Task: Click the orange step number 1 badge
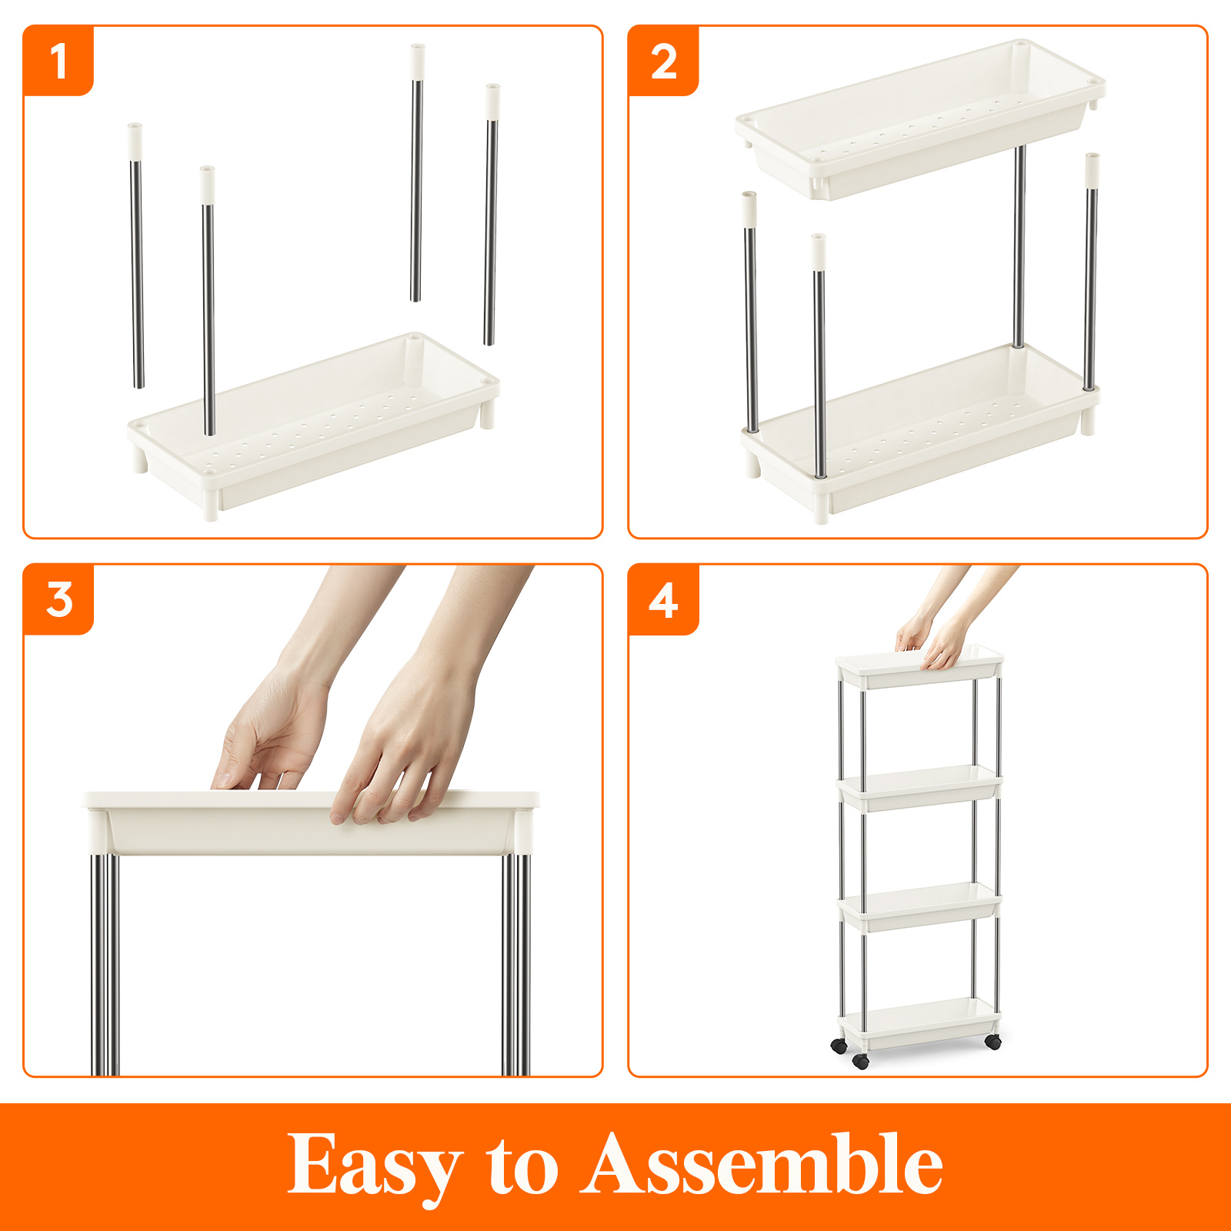tap(58, 61)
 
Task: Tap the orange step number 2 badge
tap(663, 61)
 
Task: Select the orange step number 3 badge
tap(58, 599)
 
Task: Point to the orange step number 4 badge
tap(663, 599)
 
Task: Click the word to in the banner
tap(522, 1166)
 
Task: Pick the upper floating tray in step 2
tap(919, 123)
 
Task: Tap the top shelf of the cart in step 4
tap(919, 668)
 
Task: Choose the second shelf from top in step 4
tap(919, 787)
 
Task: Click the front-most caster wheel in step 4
tap(861, 1062)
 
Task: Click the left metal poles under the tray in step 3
tap(105, 962)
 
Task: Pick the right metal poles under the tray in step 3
tap(516, 962)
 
